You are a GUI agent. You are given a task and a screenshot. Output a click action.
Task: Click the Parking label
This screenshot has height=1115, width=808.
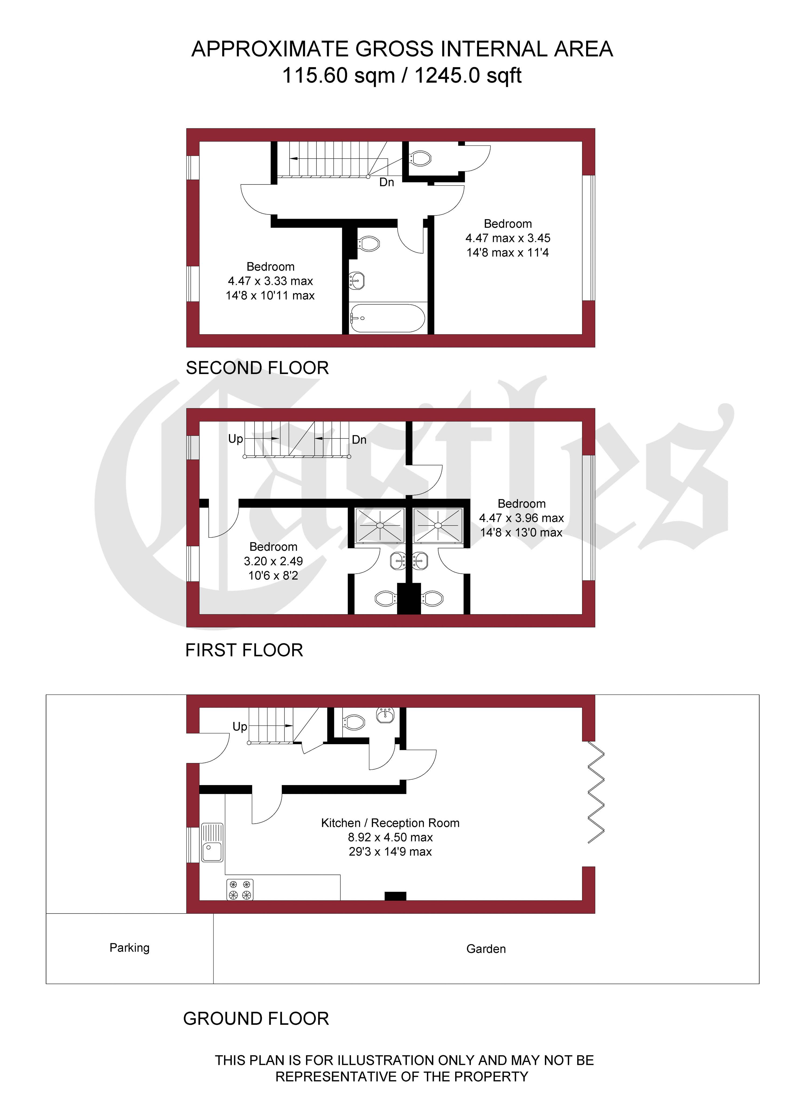[x=129, y=948]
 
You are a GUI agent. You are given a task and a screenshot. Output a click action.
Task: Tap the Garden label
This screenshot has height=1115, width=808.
[x=486, y=949]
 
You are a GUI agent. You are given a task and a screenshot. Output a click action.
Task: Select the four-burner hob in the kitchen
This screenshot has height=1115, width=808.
[x=240, y=890]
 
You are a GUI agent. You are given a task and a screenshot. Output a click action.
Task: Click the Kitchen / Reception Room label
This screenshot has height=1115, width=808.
[x=390, y=823]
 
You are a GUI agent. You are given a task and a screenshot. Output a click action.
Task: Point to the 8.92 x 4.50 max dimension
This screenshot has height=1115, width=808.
[x=390, y=837]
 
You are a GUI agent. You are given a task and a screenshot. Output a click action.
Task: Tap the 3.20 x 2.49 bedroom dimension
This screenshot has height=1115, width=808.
[x=273, y=561]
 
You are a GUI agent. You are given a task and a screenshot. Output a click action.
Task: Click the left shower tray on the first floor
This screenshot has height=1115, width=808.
[x=380, y=525]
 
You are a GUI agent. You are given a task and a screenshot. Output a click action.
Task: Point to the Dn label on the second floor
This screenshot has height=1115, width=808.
[x=386, y=182]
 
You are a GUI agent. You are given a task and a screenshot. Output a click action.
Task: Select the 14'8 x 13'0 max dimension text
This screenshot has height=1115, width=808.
[x=521, y=532]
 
